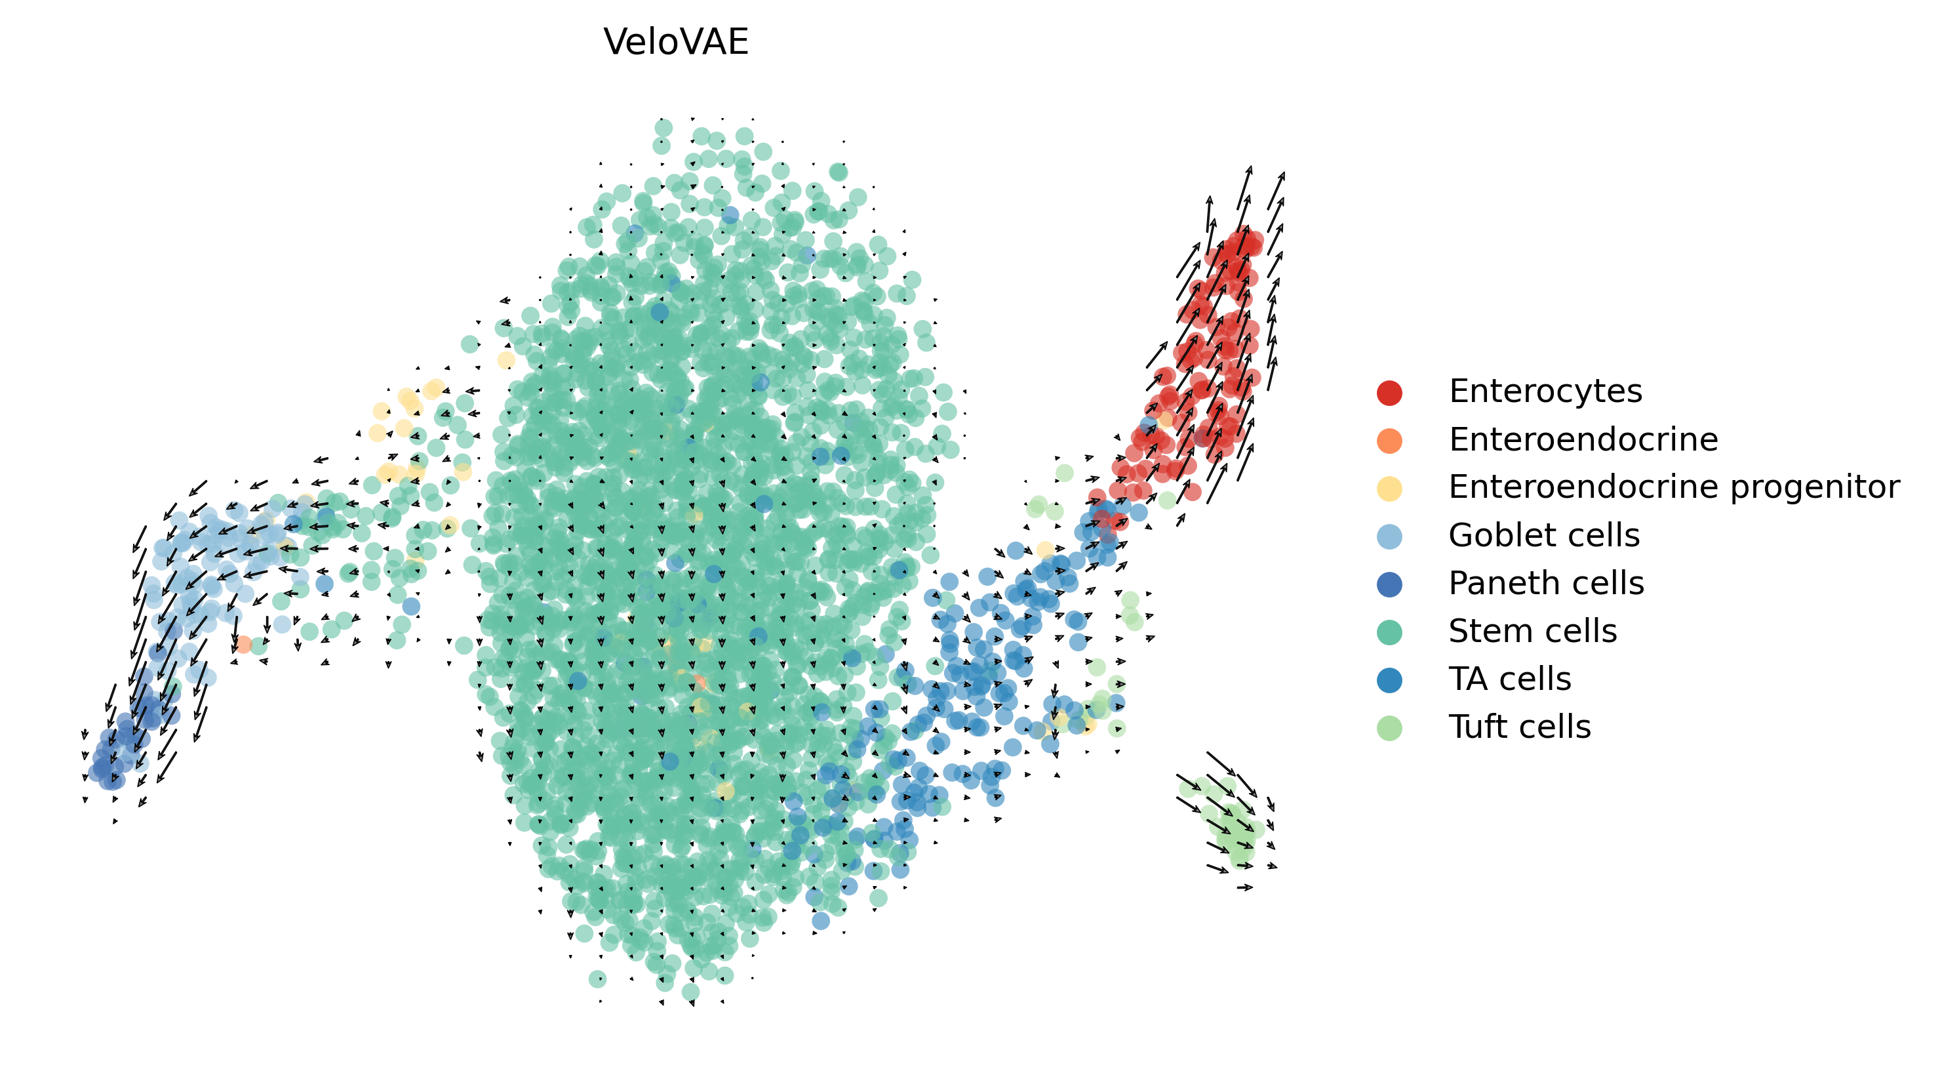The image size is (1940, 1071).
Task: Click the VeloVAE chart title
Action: pos(675,42)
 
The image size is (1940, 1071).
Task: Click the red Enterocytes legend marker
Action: pos(1389,392)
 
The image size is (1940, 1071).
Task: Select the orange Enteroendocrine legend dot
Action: pos(1389,441)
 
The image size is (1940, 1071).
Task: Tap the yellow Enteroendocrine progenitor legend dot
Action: pos(1389,488)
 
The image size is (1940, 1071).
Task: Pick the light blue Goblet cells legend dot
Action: pos(1389,536)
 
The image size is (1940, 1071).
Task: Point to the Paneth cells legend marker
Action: pos(1389,584)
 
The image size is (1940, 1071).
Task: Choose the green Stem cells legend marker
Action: pos(1389,632)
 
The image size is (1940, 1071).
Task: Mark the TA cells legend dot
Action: pos(1389,679)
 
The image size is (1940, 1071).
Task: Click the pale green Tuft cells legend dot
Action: pos(1389,727)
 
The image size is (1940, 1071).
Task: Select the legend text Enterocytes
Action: pos(1545,392)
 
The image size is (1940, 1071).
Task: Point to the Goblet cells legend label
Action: pos(1543,535)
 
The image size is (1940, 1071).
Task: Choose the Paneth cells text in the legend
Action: pos(1545,584)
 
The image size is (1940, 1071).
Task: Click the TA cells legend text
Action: pos(1509,679)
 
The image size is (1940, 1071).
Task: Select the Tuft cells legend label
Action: pos(1519,727)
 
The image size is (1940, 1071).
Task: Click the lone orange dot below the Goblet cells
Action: pos(243,644)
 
